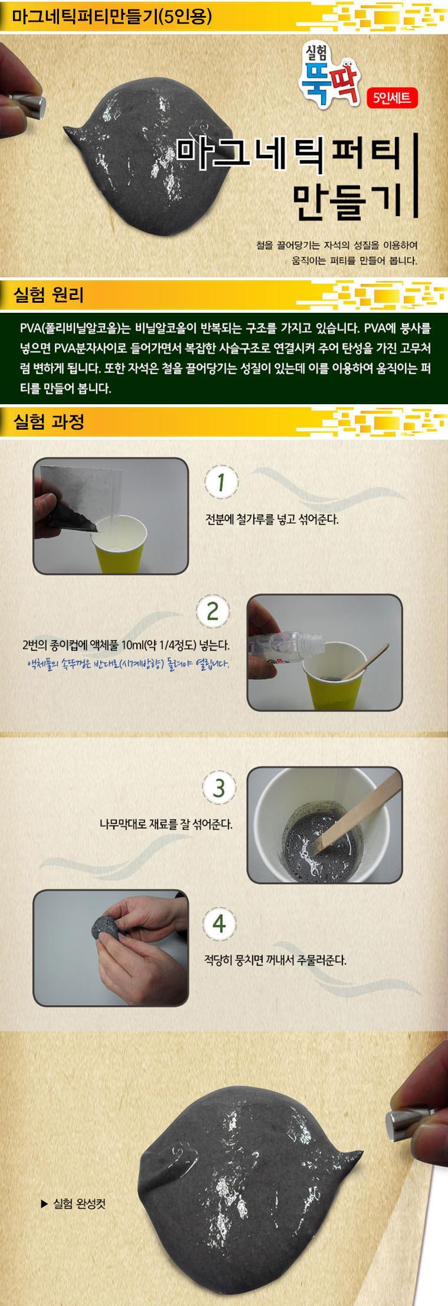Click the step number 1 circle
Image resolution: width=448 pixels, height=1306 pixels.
click(x=220, y=483)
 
